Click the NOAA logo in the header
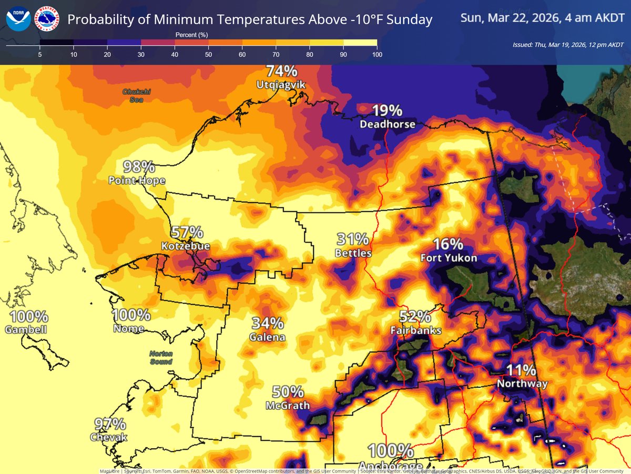click(18, 19)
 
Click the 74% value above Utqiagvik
click(281, 71)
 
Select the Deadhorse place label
click(388, 124)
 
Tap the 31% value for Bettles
click(353, 240)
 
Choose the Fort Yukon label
click(449, 258)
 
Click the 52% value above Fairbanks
click(415, 317)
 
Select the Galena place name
click(268, 337)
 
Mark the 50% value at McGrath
click(288, 392)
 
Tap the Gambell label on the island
click(26, 330)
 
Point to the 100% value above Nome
click(131, 315)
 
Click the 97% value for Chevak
click(110, 424)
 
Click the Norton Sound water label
click(161, 358)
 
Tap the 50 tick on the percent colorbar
click(208, 55)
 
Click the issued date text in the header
click(568, 45)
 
